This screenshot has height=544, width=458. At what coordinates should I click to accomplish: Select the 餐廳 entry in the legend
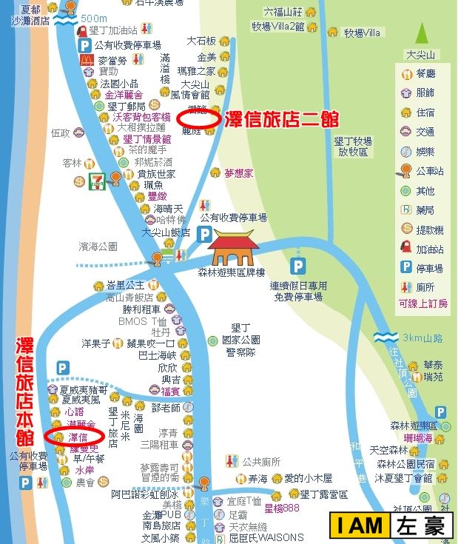click(425, 74)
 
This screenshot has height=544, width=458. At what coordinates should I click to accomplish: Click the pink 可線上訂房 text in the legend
click(422, 303)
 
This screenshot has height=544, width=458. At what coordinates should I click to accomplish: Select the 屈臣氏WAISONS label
click(266, 537)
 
